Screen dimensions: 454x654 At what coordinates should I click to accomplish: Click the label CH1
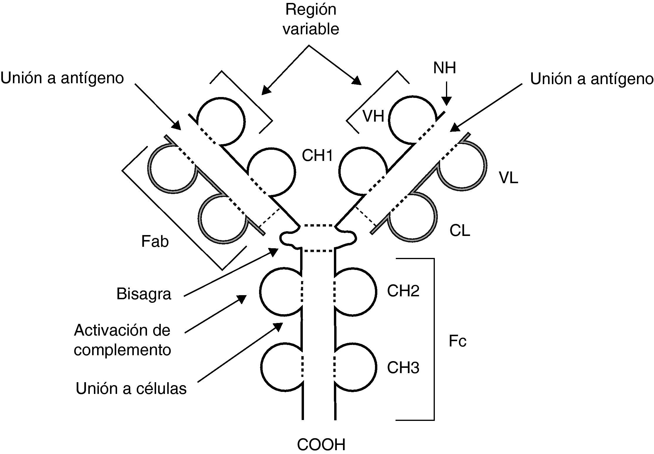(317, 156)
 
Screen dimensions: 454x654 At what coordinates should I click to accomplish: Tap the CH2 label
(403, 291)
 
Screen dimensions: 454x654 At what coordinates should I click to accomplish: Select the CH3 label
(403, 368)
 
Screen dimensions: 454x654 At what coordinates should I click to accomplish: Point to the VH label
(373, 116)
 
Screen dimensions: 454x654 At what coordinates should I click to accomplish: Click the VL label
(508, 178)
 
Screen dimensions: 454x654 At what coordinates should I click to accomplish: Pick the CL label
(459, 231)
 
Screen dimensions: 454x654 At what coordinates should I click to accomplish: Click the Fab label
(155, 242)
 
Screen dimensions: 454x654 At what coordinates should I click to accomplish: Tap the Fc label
(457, 341)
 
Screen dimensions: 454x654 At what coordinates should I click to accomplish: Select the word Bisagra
(143, 294)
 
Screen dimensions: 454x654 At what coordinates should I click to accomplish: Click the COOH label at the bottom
(321, 445)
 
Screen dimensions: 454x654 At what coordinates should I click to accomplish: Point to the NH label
(444, 68)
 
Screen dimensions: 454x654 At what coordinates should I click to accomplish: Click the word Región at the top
(311, 10)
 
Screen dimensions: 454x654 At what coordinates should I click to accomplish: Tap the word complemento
(122, 350)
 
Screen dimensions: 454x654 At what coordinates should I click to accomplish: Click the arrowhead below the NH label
(446, 101)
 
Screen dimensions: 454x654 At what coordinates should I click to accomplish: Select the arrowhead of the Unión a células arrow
(278, 326)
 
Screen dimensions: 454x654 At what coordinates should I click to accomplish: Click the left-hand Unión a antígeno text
(62, 78)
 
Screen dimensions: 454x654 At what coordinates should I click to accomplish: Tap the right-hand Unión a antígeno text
(592, 79)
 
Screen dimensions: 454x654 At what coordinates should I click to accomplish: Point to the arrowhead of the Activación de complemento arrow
(242, 298)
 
